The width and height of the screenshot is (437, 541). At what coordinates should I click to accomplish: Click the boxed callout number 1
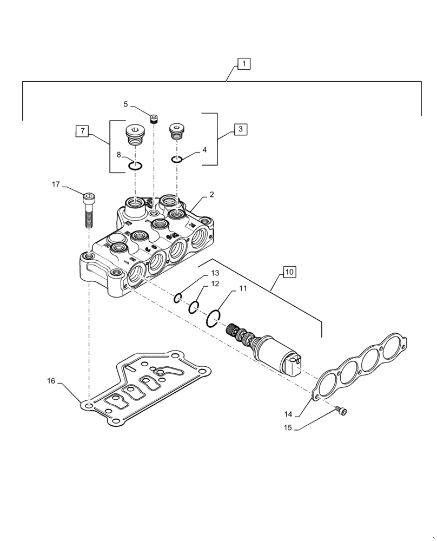243,64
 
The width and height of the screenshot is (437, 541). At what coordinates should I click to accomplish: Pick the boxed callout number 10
289,272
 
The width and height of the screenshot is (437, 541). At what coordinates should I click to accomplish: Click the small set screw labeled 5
154,119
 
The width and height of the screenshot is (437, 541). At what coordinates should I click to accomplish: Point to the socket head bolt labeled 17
89,210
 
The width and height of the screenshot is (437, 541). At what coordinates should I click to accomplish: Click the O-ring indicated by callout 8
135,165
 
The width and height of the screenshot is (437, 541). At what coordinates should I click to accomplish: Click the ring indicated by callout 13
178,297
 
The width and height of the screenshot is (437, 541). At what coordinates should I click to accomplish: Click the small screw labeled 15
341,412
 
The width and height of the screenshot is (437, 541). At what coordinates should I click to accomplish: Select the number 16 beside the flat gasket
51,381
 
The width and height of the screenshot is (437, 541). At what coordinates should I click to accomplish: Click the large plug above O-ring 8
134,134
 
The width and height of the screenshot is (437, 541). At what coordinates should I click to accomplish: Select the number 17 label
56,184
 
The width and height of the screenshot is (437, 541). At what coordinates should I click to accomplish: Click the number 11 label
242,288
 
